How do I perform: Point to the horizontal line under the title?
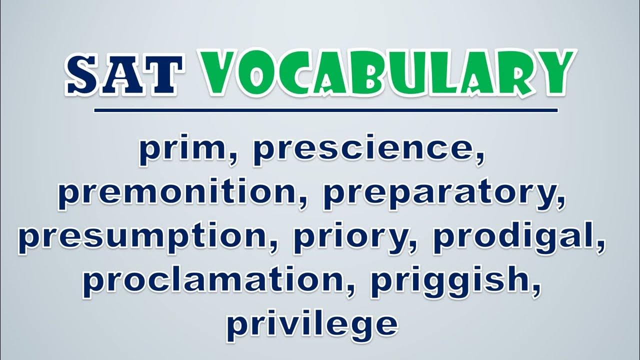tap(325, 110)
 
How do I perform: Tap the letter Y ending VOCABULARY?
tap(553, 73)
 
